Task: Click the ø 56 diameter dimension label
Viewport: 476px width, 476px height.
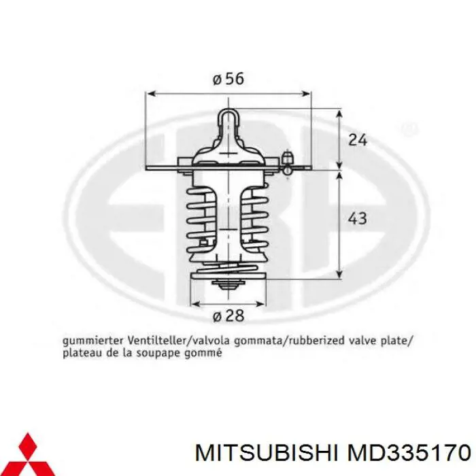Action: coord(228,79)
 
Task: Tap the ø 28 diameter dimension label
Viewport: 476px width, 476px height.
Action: coord(228,316)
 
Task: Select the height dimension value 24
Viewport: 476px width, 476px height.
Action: coord(357,140)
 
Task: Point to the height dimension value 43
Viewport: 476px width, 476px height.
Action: coord(357,218)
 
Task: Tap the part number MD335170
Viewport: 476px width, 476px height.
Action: coord(407,452)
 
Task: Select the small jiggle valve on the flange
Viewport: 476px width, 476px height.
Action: coord(288,162)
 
